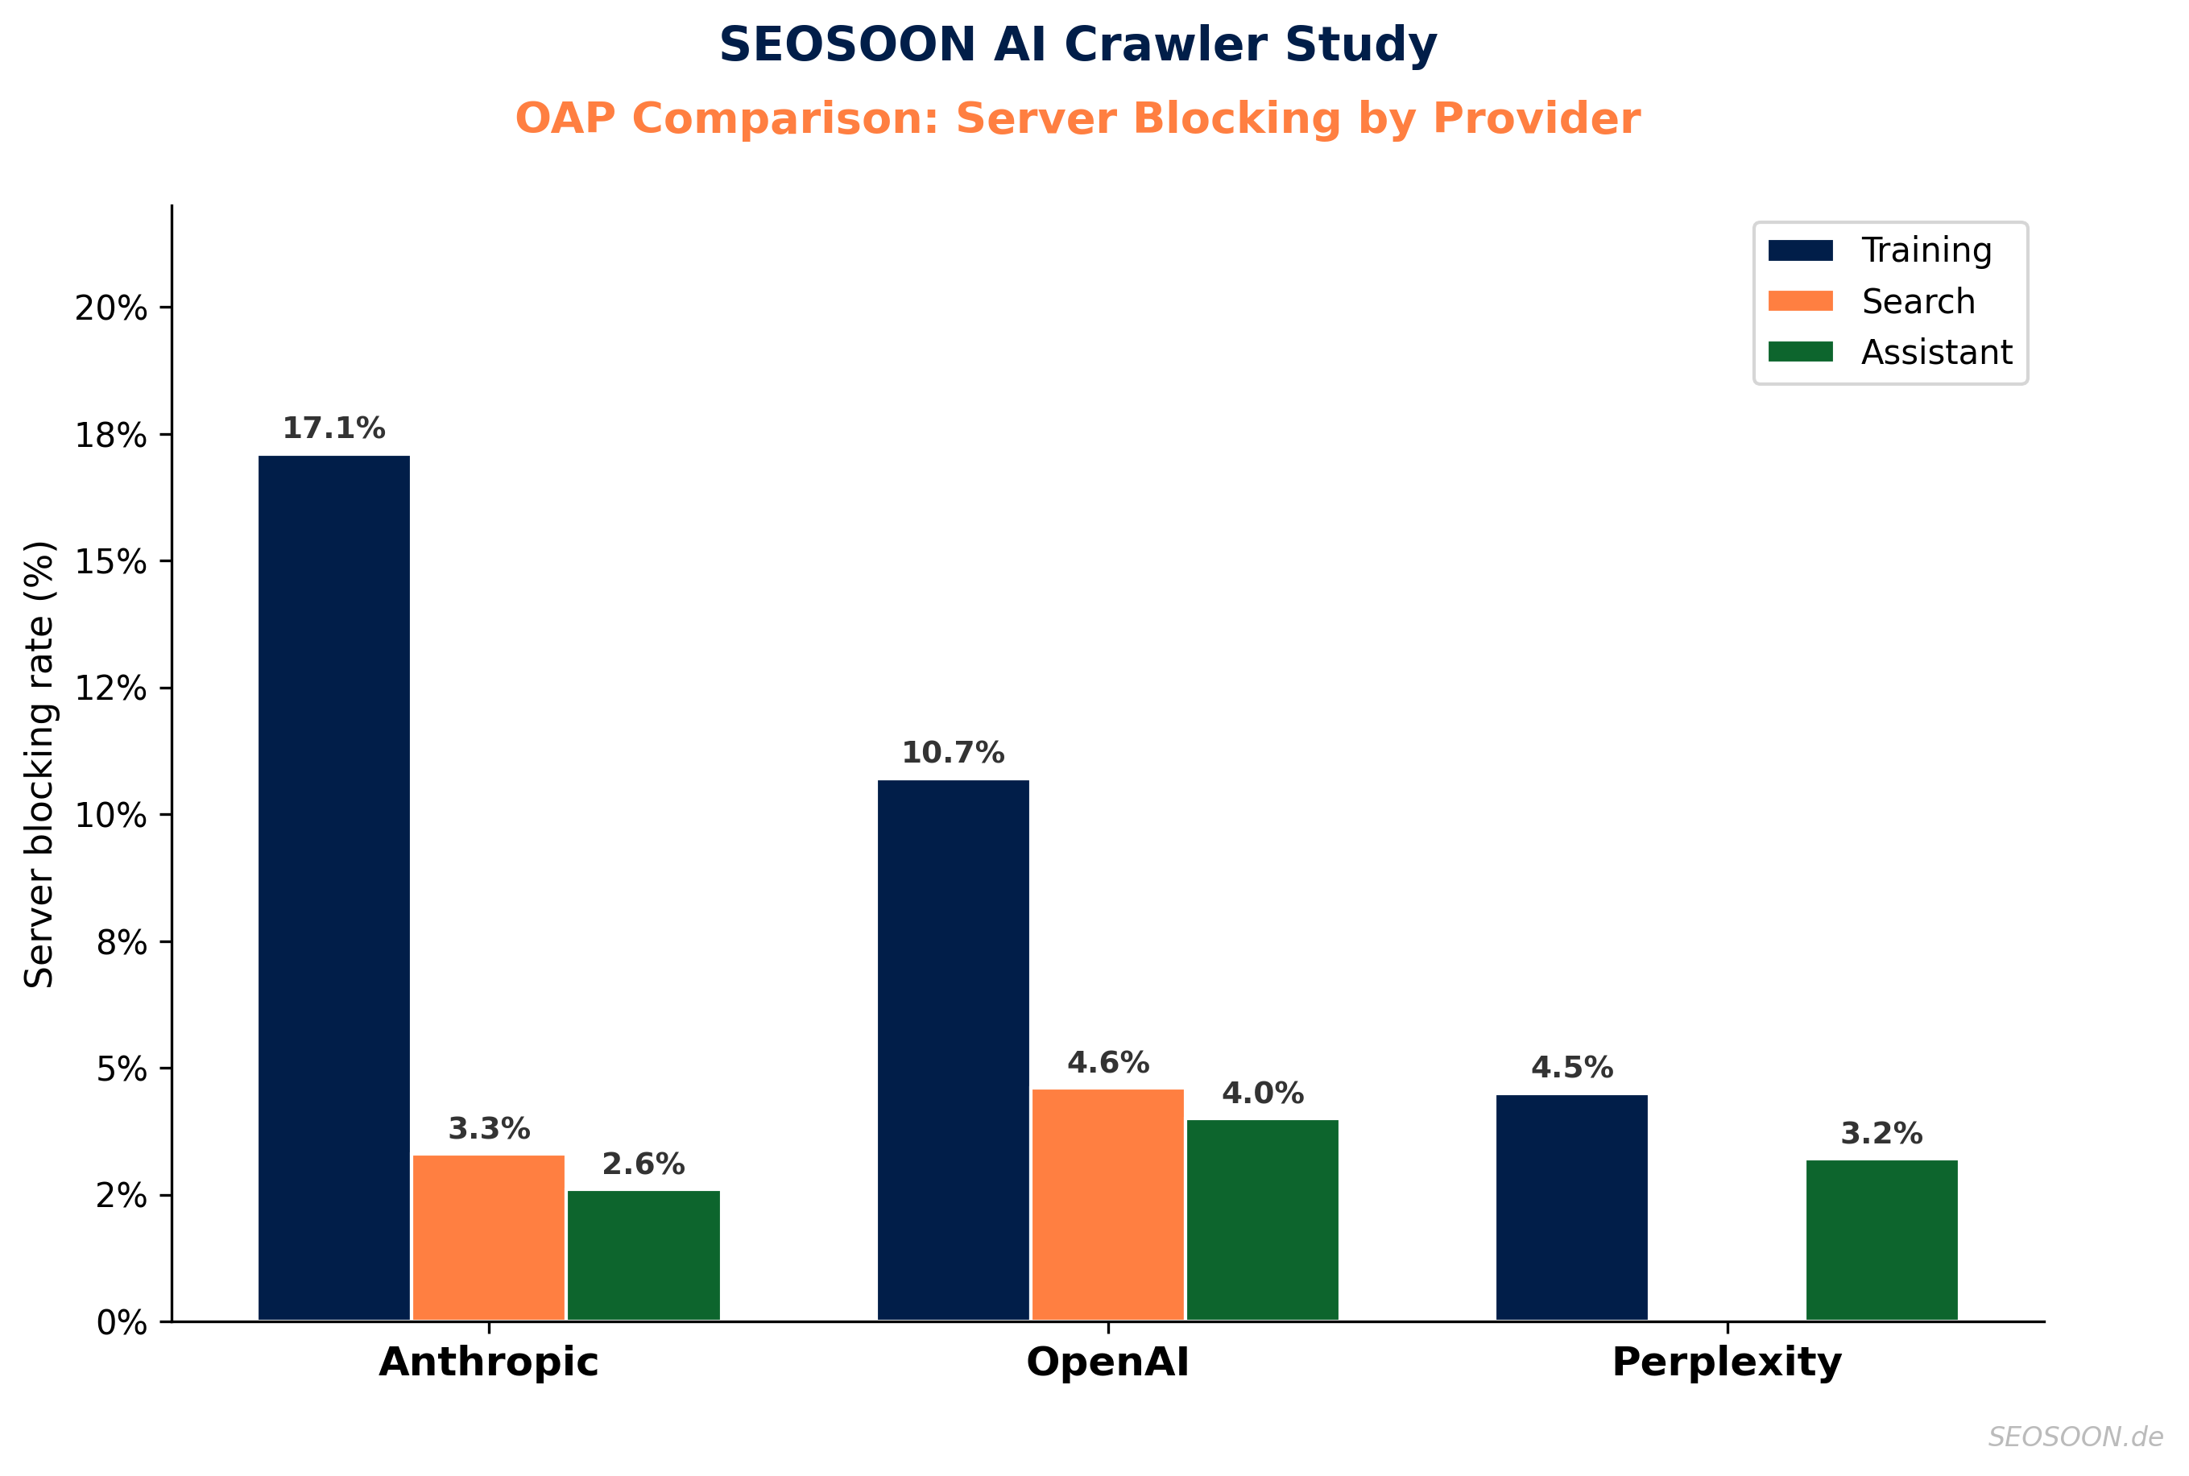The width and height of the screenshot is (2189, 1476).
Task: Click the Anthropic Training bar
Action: point(333,887)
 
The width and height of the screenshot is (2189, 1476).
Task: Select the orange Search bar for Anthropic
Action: point(488,1237)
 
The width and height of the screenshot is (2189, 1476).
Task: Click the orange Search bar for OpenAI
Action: point(1107,1204)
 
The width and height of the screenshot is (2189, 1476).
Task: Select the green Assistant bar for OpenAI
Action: point(1262,1220)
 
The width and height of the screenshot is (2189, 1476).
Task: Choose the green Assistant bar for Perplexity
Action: point(1881,1240)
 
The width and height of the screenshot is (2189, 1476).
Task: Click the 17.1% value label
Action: point(333,428)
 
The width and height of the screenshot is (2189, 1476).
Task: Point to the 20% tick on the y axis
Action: point(111,308)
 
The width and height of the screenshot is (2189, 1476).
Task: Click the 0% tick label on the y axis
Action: point(122,1322)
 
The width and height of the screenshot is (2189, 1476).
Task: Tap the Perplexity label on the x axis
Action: point(1726,1362)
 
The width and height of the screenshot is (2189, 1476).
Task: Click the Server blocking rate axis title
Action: point(39,763)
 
